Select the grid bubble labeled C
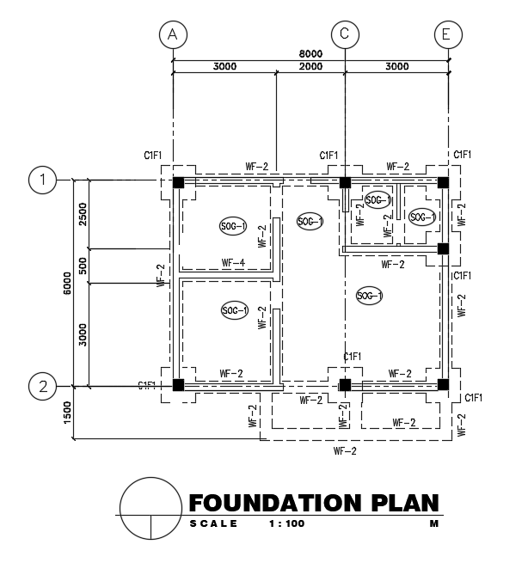[345, 34]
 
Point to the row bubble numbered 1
[42, 180]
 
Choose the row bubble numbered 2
[42, 386]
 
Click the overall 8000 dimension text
[310, 53]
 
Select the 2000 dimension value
[310, 67]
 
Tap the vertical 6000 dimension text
[67, 283]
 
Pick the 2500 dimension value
[83, 214]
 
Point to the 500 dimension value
[83, 266]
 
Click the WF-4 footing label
[233, 262]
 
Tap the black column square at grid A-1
[178, 183]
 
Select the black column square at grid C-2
[345, 384]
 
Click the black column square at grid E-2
[443, 384]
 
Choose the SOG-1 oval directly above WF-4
[233, 226]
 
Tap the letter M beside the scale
[434, 523]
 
